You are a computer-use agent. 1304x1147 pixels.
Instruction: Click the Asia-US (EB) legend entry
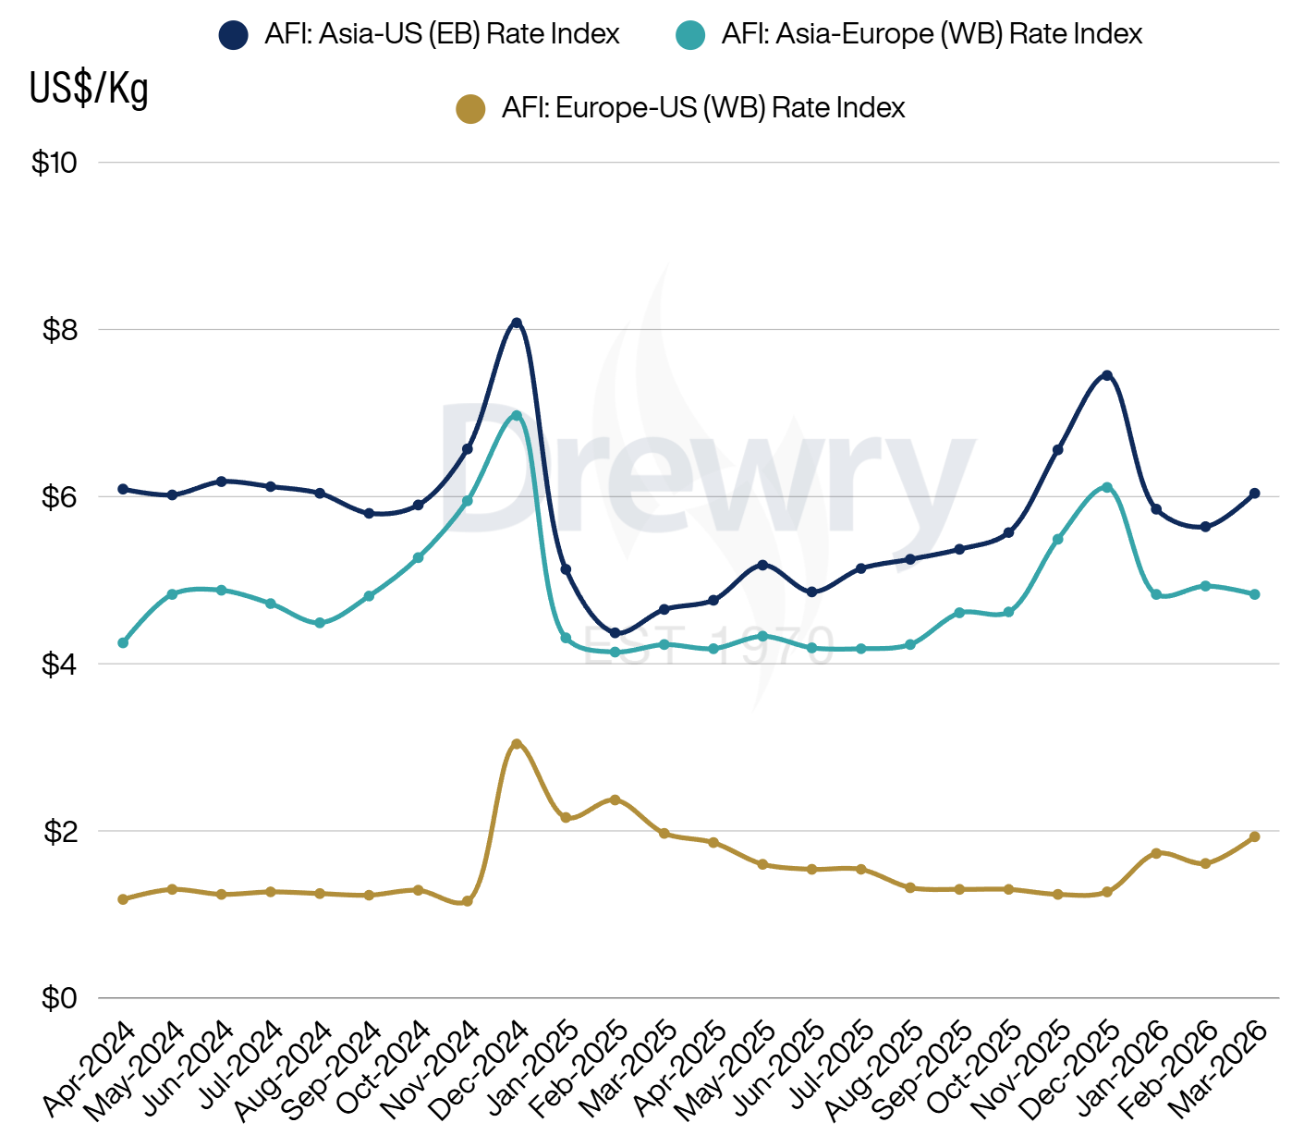click(x=419, y=35)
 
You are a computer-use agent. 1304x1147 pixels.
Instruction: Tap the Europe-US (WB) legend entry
click(x=680, y=109)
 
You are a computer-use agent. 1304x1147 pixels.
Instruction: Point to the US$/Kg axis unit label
click(x=89, y=89)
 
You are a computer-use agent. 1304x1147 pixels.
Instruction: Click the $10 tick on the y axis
click(x=55, y=163)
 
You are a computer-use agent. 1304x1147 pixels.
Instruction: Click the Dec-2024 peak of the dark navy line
click(x=517, y=323)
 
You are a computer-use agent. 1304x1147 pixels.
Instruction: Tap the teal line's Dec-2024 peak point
click(x=517, y=416)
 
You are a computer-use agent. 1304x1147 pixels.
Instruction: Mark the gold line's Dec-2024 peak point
click(x=517, y=744)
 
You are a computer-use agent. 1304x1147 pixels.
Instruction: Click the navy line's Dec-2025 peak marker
click(x=1106, y=375)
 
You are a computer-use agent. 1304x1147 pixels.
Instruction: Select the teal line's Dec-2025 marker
click(x=1106, y=487)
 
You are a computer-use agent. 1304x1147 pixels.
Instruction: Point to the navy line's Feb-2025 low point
click(x=615, y=633)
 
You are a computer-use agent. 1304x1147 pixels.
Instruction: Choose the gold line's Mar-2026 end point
click(x=1254, y=836)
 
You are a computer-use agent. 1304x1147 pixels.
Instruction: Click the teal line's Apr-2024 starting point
click(x=123, y=642)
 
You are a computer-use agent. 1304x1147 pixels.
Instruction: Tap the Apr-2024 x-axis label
click(x=91, y=1069)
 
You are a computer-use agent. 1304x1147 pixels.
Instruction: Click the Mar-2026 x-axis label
click(x=1221, y=1069)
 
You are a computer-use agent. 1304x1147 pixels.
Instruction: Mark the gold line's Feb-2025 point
click(x=615, y=799)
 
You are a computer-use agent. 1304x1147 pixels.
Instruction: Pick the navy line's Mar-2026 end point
click(x=1254, y=494)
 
